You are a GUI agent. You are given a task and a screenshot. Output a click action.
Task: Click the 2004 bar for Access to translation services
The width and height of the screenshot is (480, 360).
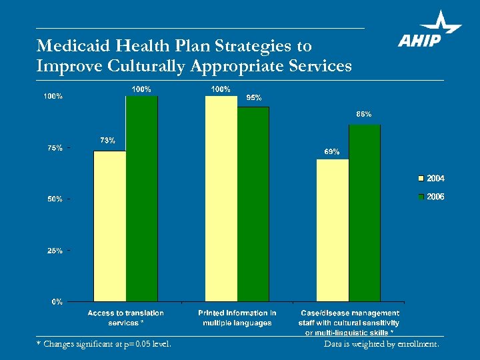tap(110, 226)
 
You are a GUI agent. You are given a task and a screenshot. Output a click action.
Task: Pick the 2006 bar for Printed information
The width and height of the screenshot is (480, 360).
tap(253, 203)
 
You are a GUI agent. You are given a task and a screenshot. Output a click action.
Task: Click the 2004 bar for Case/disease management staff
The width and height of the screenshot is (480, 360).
tap(333, 230)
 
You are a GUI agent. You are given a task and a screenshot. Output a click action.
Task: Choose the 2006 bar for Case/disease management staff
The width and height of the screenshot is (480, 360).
tap(364, 213)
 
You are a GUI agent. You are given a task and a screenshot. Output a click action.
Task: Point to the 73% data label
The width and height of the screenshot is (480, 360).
tap(107, 140)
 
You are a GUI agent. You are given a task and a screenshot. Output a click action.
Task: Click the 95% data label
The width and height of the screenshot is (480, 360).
tap(253, 97)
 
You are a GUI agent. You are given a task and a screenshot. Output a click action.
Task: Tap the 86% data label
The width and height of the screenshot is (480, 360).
tap(364, 114)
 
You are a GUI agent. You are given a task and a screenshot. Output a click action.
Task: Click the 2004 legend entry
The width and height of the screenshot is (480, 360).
tap(431, 179)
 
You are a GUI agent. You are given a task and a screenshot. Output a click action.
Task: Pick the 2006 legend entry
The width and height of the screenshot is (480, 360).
tap(431, 197)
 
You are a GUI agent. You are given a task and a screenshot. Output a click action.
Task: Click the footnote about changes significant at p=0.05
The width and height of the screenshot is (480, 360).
tap(104, 344)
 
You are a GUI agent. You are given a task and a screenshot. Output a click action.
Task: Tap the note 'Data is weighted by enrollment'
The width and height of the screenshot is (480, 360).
tap(381, 344)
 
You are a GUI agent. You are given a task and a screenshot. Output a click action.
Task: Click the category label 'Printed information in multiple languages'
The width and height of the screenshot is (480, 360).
tap(237, 317)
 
